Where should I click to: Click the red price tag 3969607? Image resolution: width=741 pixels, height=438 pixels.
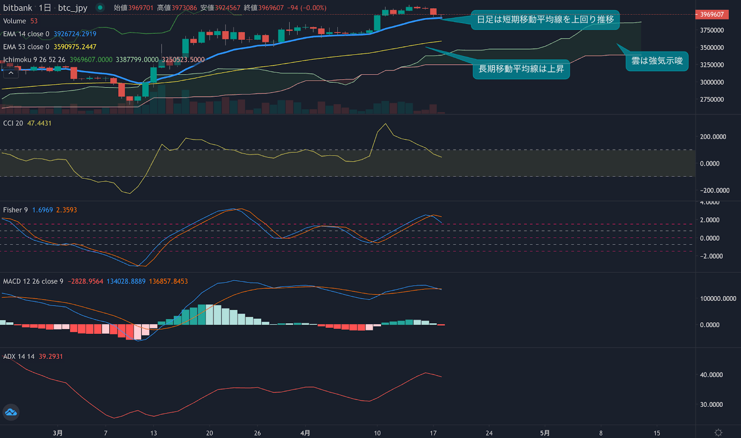tap(712, 14)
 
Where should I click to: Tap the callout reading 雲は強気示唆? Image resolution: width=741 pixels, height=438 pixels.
tap(657, 61)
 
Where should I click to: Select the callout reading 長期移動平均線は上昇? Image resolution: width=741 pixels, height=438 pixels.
tap(521, 69)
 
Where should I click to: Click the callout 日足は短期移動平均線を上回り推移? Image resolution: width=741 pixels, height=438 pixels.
tap(545, 19)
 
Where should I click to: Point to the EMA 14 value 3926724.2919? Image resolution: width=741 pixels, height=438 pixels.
tap(75, 34)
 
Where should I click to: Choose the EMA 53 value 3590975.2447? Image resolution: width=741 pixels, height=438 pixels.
tap(75, 47)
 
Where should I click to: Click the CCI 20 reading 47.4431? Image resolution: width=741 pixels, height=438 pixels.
tap(39, 123)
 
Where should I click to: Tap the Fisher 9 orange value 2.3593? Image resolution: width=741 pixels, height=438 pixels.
tap(67, 210)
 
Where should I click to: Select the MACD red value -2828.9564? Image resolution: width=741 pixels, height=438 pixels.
tap(86, 281)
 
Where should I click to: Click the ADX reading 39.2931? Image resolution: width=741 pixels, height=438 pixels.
tap(50, 356)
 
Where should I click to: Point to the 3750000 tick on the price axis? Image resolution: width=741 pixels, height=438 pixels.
tap(712, 30)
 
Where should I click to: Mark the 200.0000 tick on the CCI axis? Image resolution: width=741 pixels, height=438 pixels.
tap(713, 137)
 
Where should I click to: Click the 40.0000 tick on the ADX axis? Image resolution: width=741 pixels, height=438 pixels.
tap(711, 375)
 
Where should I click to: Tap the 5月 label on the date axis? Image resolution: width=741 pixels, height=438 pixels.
tap(545, 433)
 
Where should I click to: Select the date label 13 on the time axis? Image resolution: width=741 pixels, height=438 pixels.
tap(153, 433)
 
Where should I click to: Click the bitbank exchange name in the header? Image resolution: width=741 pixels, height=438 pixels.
tap(18, 8)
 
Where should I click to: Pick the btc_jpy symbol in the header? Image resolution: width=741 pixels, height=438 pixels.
tap(72, 8)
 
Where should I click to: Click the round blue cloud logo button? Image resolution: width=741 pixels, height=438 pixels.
tap(11, 412)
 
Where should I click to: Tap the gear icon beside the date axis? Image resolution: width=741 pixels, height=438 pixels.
tap(718, 432)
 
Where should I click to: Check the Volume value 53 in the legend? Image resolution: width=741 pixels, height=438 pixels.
tap(34, 21)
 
